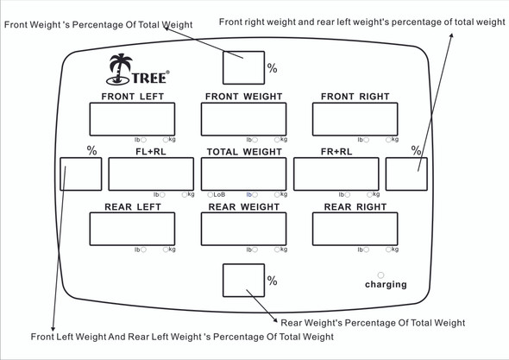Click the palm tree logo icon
tap(119, 69)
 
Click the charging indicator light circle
tap(380, 275)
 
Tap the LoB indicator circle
tap(211, 194)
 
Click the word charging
tap(386, 285)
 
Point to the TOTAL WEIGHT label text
tap(244, 152)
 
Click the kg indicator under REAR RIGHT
tap(392, 249)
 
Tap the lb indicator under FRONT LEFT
tap(141, 140)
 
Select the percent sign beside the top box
tap(272, 68)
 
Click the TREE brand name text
tap(150, 78)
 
